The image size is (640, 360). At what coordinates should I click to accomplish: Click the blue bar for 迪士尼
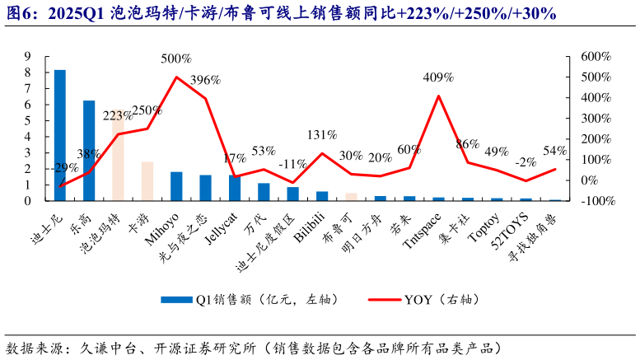pos(60,135)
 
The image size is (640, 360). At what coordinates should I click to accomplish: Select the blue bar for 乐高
pos(89,151)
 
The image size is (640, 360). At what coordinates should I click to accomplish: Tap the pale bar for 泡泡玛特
pos(118,157)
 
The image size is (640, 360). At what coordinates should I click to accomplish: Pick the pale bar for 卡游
pos(147,181)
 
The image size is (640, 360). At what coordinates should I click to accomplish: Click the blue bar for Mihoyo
pos(176,186)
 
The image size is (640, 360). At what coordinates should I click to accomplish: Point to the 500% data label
pos(176,59)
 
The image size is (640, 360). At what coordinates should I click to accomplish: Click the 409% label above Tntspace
pos(438,77)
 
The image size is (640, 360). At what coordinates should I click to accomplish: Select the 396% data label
pos(206,80)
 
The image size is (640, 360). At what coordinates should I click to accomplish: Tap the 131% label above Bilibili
pos(322,134)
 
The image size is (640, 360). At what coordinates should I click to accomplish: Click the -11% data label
pos(292,163)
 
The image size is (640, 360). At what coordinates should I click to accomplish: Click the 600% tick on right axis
pos(595,57)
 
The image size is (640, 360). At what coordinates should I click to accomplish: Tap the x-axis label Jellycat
pos(220,224)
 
